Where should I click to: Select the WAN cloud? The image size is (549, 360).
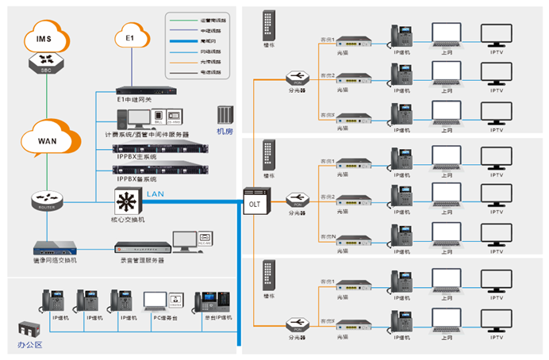[x=46, y=140]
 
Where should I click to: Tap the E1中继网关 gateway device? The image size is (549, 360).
[x=145, y=90]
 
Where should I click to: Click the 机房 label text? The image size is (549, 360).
[x=225, y=132]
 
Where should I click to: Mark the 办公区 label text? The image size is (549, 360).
[x=30, y=347]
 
